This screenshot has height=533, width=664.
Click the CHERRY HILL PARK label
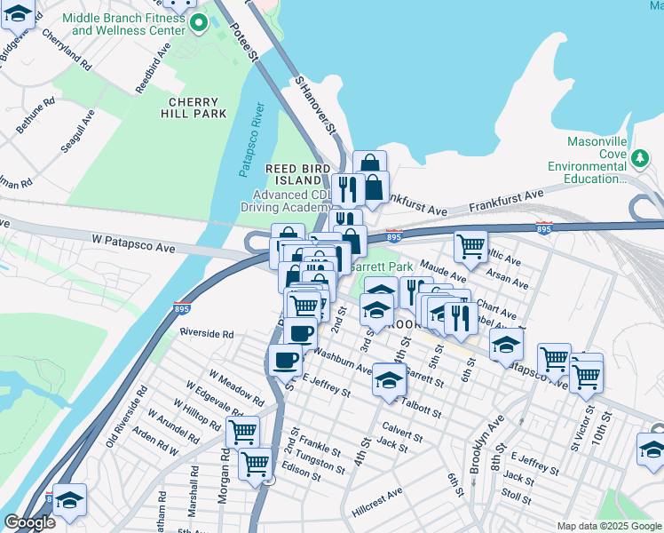click(194, 107)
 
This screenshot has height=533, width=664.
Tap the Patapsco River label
click(255, 140)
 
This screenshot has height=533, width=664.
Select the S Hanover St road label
click(318, 105)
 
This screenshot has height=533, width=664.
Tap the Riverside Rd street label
click(206, 334)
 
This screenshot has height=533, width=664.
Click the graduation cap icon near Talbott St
click(389, 379)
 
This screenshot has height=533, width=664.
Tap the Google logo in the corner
click(29, 522)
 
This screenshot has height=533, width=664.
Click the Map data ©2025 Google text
click(608, 526)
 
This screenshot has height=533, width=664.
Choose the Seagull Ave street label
click(76, 131)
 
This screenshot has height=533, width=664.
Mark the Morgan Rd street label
click(226, 470)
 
